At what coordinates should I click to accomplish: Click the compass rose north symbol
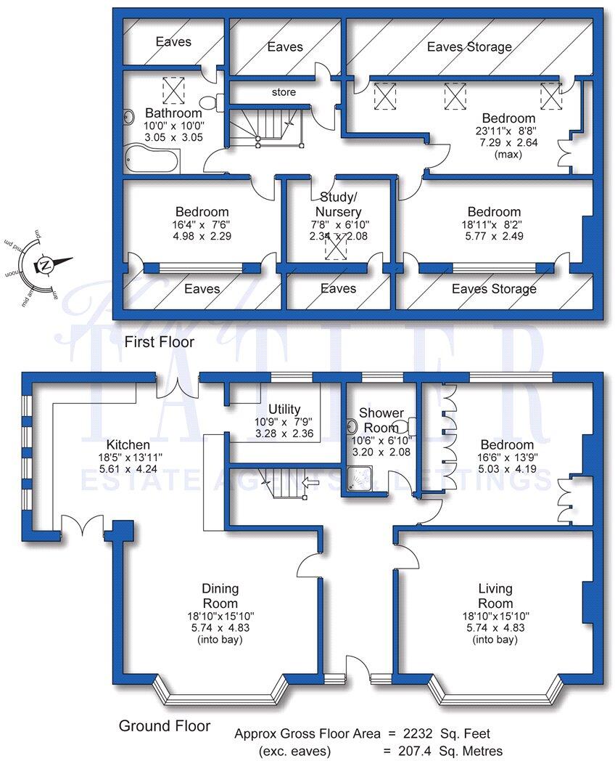coord(45,265)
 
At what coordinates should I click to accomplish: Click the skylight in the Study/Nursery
coord(336,248)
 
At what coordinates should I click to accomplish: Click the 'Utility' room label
coord(284,410)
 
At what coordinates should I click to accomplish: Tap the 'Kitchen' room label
coord(128,444)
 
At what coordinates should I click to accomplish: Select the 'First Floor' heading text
coord(159,341)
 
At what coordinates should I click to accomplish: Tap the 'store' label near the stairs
coord(284,92)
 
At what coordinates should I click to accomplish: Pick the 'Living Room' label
coord(495,595)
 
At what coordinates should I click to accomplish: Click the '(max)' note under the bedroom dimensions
coord(508,155)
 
